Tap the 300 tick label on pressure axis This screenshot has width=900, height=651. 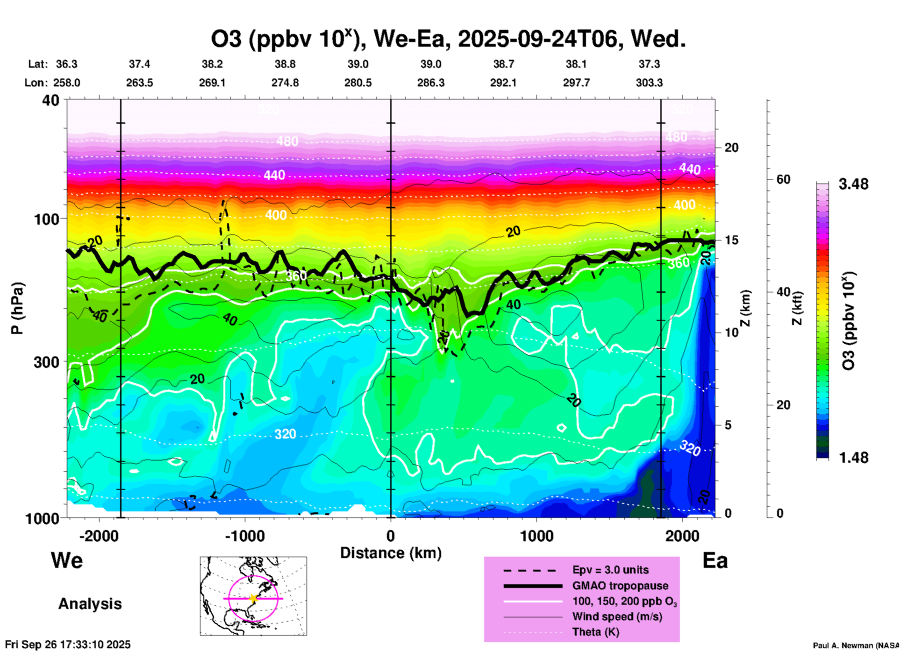[46, 362]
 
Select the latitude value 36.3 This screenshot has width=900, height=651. [67, 64]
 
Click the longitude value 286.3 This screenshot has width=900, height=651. [430, 83]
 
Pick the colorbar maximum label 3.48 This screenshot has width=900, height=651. [853, 184]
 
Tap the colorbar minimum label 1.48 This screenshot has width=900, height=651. [853, 457]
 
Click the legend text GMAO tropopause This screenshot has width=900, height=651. [620, 586]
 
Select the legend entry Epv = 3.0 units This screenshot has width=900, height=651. [610, 570]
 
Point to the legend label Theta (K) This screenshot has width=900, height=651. [595, 632]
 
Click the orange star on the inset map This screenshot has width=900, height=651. [253, 598]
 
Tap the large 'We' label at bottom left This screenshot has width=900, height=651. [67, 560]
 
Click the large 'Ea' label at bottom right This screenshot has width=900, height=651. [715, 561]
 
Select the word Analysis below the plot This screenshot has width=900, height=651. [90, 604]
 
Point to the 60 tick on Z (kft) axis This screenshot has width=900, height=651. [783, 179]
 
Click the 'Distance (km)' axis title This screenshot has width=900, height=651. [391, 553]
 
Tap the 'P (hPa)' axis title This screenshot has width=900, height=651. [17, 308]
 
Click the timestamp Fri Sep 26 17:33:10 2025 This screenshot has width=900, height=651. [68, 644]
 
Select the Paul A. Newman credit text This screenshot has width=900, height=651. [855, 645]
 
